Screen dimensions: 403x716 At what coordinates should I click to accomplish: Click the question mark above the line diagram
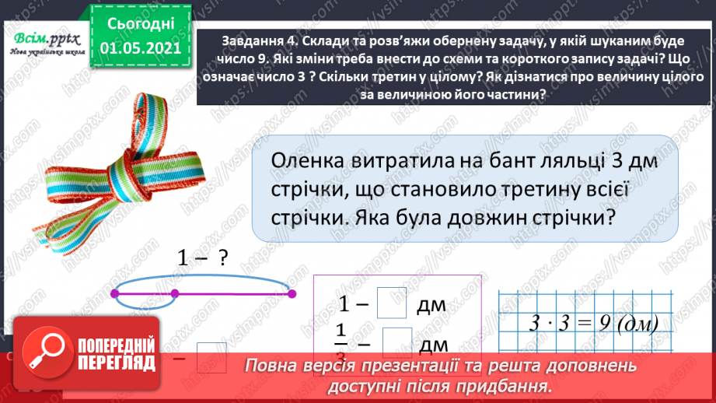(222, 261)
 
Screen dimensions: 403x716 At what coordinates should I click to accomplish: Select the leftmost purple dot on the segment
(115, 293)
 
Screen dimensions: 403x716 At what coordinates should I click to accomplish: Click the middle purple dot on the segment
(174, 293)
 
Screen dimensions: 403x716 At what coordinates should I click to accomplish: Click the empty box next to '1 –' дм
(392, 303)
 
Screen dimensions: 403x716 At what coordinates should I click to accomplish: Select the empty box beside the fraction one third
(397, 340)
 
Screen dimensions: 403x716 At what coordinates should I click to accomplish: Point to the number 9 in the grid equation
(606, 321)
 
